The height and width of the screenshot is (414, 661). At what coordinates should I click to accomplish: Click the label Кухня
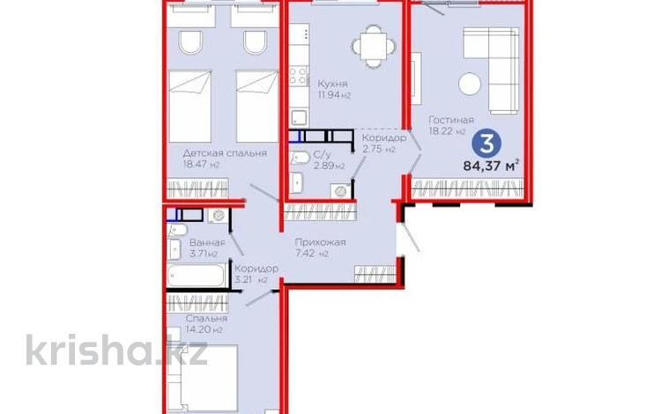tap(332, 85)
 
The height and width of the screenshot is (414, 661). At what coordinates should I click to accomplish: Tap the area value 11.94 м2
tap(334, 95)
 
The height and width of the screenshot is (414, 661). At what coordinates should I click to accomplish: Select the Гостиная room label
tap(451, 121)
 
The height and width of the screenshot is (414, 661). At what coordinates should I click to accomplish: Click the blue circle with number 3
tap(486, 143)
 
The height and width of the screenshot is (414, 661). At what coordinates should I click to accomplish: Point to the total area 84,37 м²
tap(491, 165)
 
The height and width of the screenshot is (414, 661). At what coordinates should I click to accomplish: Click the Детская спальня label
tap(225, 153)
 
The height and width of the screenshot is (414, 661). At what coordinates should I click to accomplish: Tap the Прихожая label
tap(321, 242)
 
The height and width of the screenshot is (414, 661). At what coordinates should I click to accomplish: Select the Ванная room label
tap(207, 243)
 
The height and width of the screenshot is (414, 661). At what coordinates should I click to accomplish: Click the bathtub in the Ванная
tap(196, 275)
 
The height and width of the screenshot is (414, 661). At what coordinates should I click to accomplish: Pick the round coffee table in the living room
tap(470, 84)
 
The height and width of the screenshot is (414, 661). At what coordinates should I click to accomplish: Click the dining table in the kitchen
tap(374, 47)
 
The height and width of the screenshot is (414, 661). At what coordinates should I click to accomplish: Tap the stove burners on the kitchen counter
tap(299, 76)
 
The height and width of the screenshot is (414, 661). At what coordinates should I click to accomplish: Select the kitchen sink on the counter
tap(299, 117)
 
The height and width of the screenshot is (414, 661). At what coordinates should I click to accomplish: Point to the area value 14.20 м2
tap(204, 329)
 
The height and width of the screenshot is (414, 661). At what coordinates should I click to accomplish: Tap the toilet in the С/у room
tap(300, 158)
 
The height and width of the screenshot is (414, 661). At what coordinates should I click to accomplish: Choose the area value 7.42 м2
tap(311, 254)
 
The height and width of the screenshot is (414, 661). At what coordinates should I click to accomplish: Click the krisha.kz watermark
tap(116, 350)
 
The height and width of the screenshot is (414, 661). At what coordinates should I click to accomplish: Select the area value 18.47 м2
tap(202, 165)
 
